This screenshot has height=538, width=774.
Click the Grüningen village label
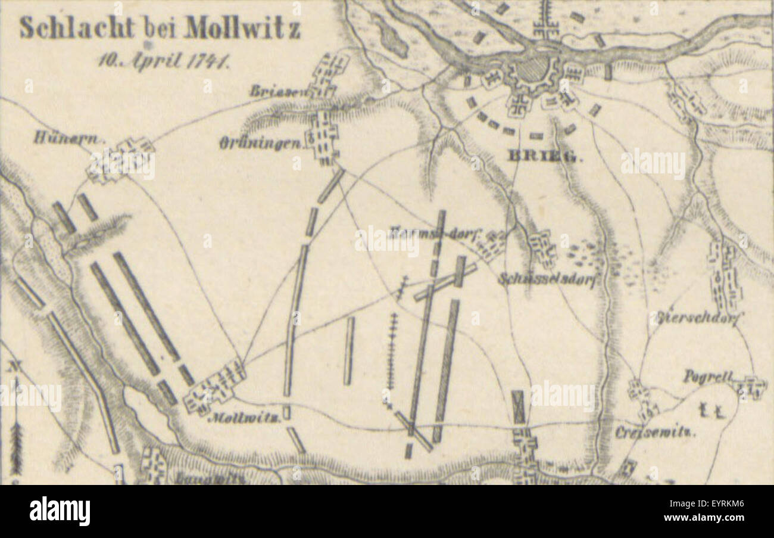260,143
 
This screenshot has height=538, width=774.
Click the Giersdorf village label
697,318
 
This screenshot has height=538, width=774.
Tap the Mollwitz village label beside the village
244,418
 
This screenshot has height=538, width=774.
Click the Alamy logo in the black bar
60,511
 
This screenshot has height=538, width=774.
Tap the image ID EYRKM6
723,503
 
